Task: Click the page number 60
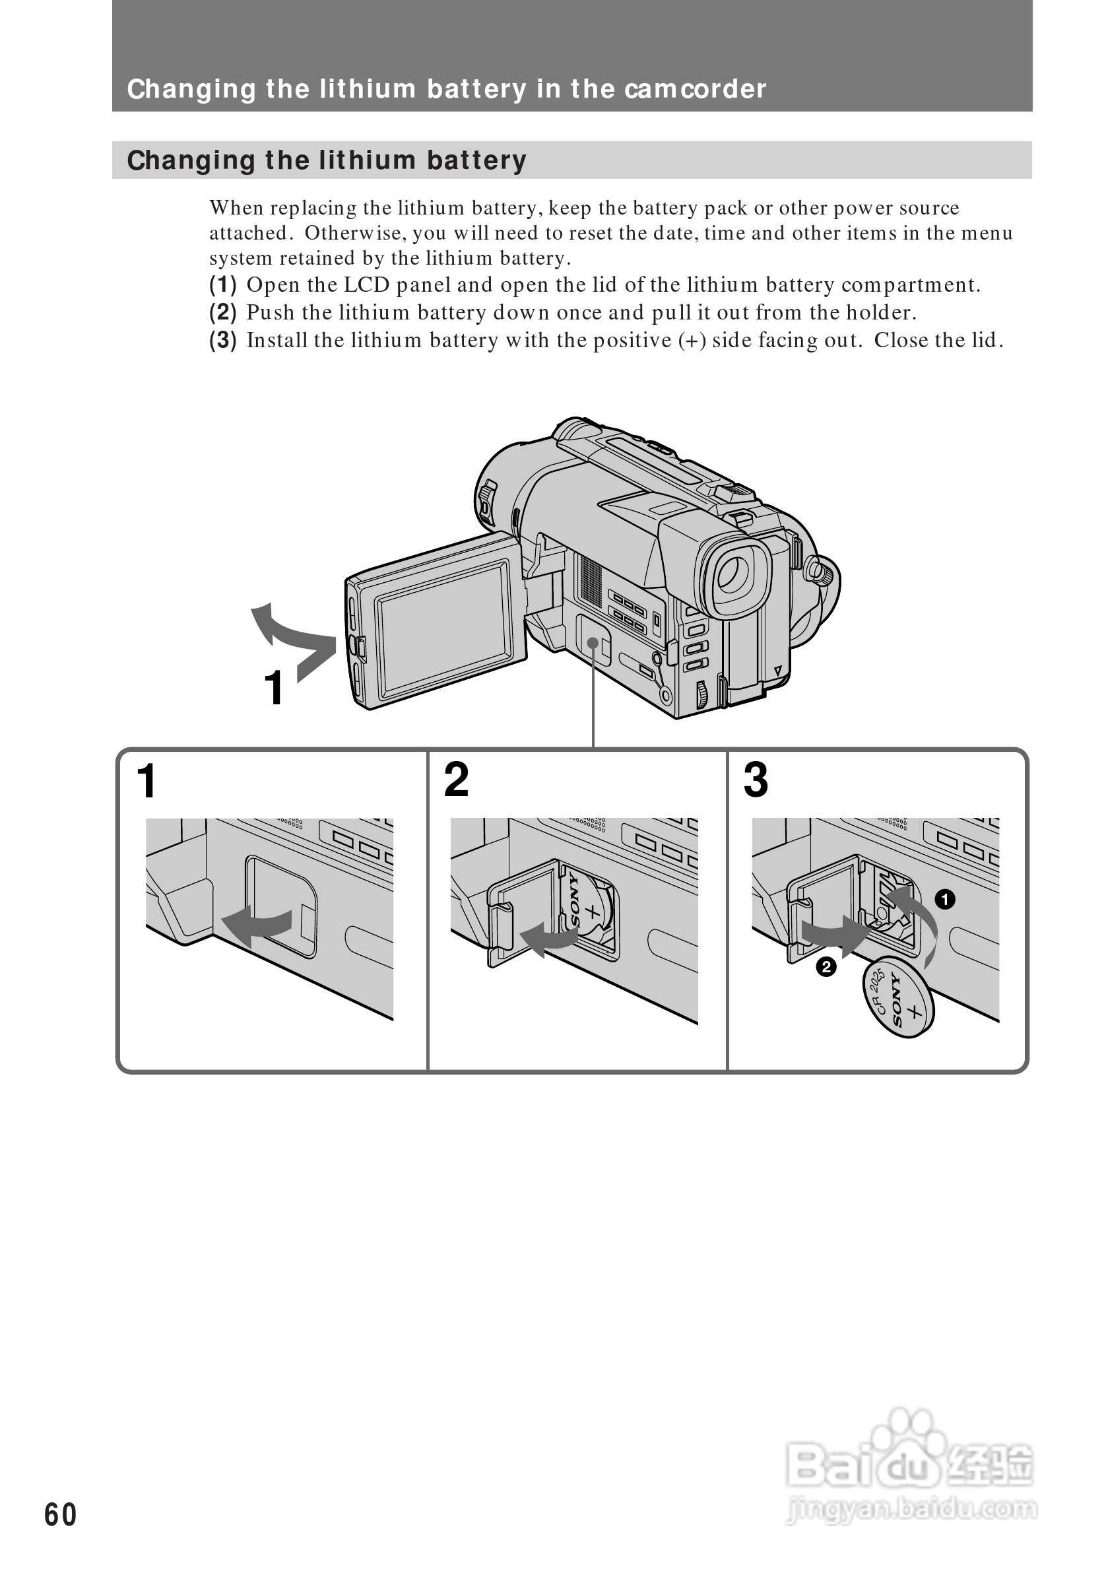pos(60,1514)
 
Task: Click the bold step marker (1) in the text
pos(222,284)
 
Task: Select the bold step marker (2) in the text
pos(222,313)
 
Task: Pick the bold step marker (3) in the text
pos(222,340)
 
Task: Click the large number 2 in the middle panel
pos(456,780)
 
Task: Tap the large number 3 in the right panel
pos(755,780)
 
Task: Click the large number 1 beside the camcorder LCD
pos(274,688)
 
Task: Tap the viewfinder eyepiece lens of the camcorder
pos(733,575)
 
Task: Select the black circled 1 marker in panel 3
pos(944,899)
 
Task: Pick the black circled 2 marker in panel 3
pos(826,967)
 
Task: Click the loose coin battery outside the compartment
pos(899,997)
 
